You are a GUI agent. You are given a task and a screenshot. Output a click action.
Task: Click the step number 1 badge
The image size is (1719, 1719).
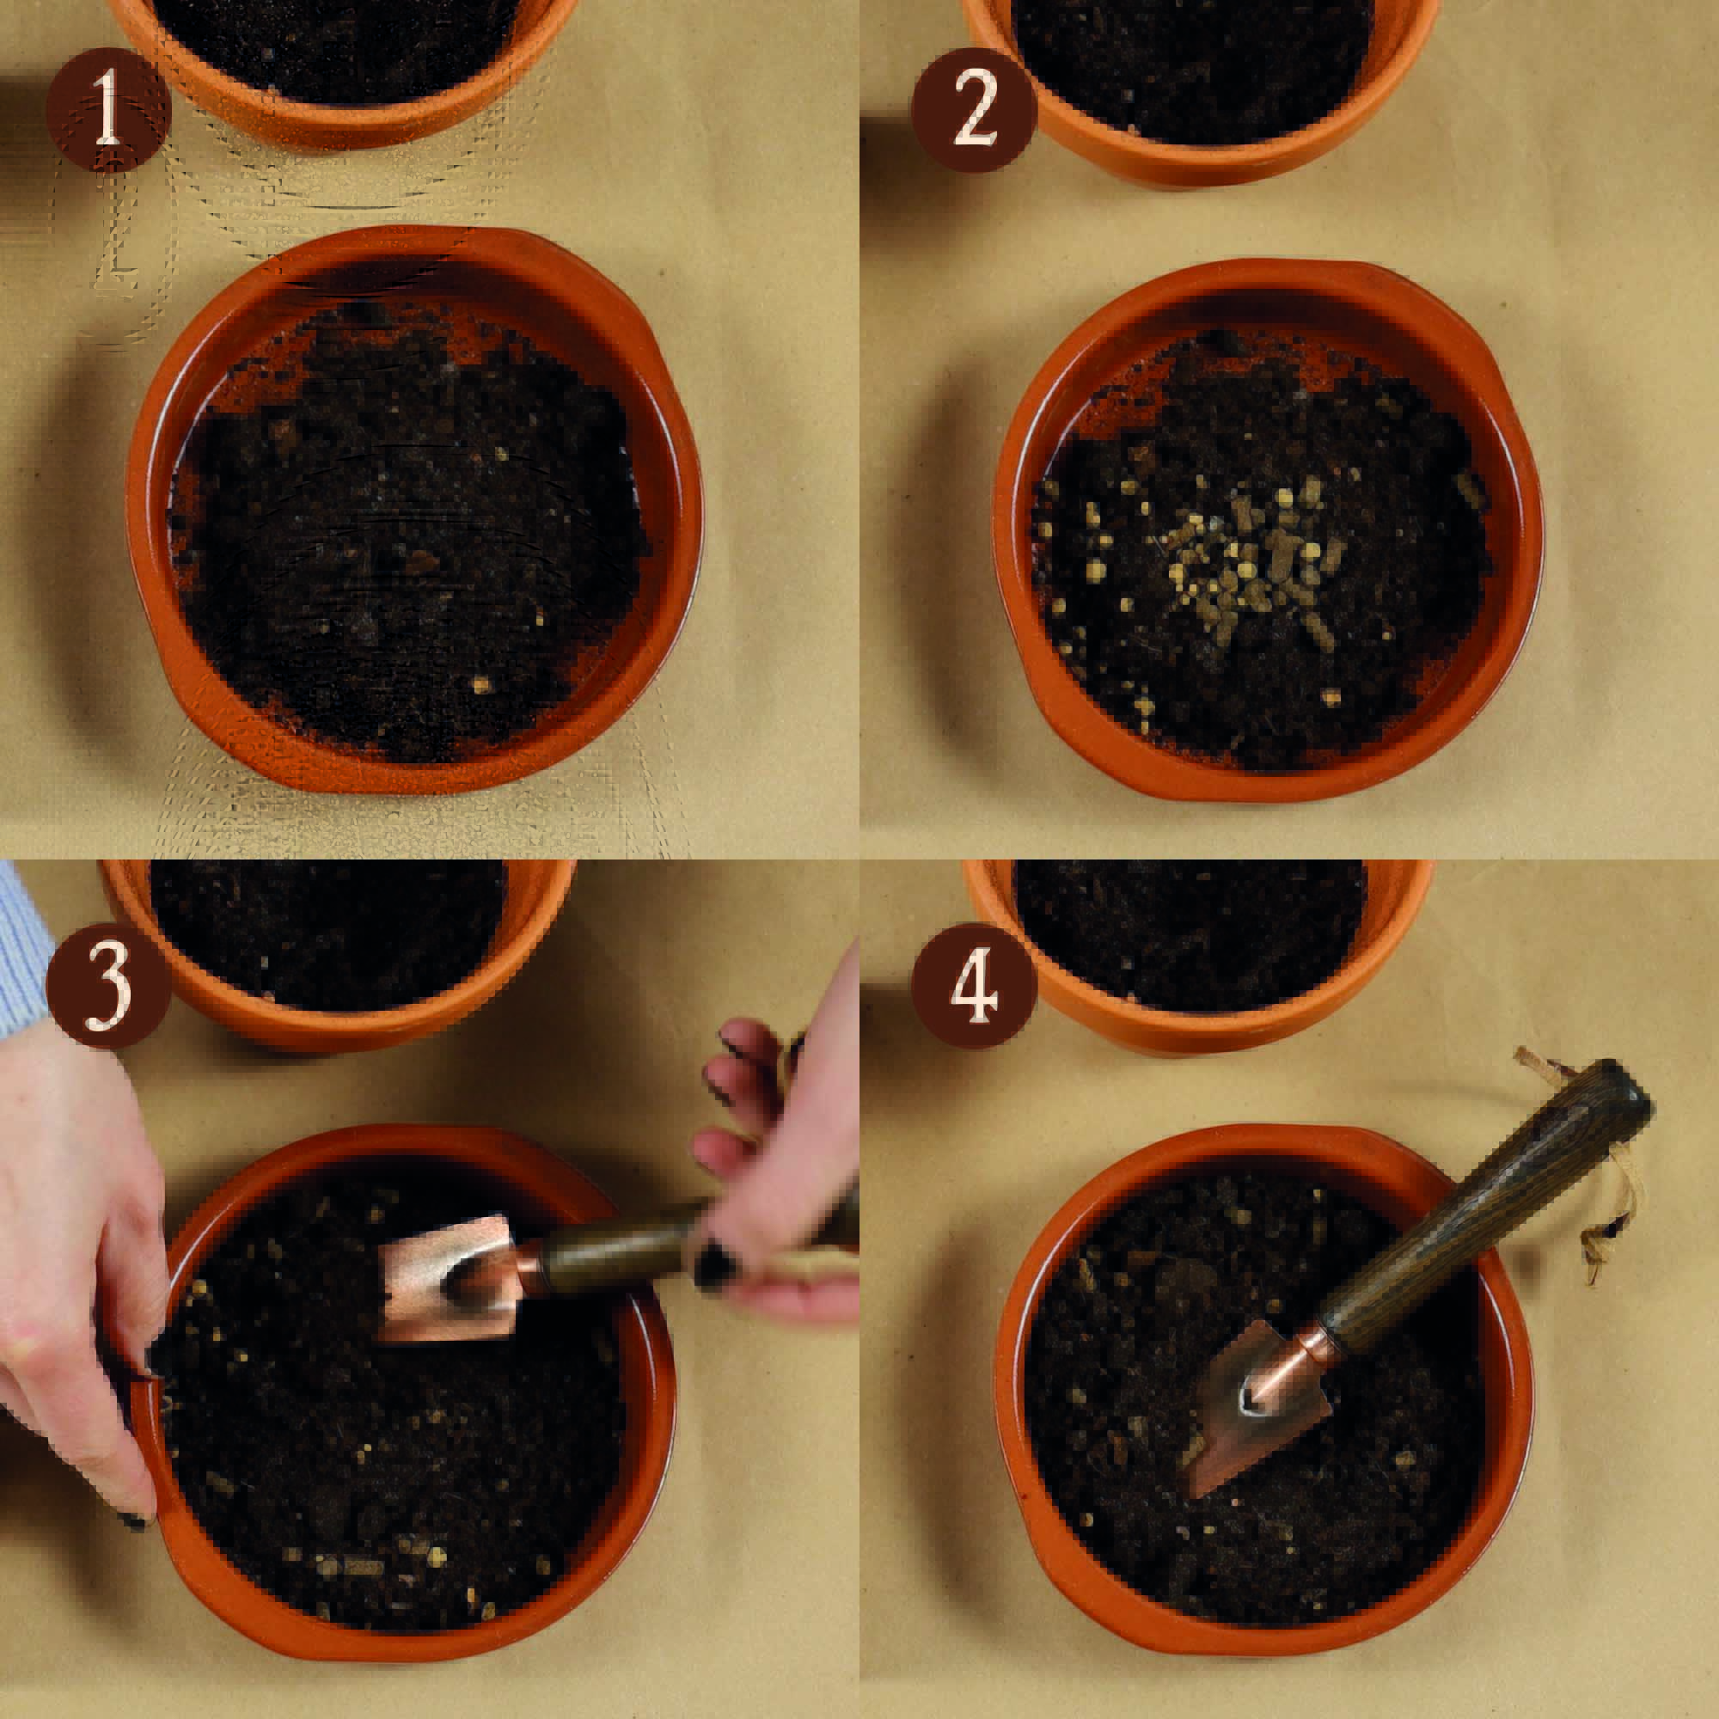click(x=108, y=109)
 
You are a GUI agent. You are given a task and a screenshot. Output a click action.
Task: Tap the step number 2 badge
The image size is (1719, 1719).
click(x=975, y=109)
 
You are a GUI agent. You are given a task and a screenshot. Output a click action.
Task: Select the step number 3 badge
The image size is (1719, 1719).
click(x=108, y=986)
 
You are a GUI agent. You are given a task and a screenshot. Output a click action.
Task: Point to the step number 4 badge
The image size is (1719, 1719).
click(x=975, y=986)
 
